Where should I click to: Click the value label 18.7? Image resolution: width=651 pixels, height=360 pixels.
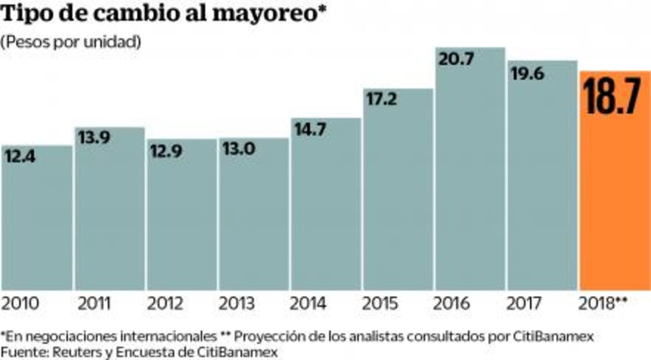[x=614, y=97]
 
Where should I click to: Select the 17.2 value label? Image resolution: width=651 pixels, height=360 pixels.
[x=381, y=99]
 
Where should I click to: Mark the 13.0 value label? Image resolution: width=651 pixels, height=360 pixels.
[x=239, y=149]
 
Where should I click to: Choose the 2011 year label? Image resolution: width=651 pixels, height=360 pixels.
[x=95, y=303]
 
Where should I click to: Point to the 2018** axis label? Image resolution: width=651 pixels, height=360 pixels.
[x=605, y=303]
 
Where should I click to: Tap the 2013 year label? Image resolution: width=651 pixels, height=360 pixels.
[x=238, y=303]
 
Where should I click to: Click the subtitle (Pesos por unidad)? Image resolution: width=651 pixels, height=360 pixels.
[x=71, y=42]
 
